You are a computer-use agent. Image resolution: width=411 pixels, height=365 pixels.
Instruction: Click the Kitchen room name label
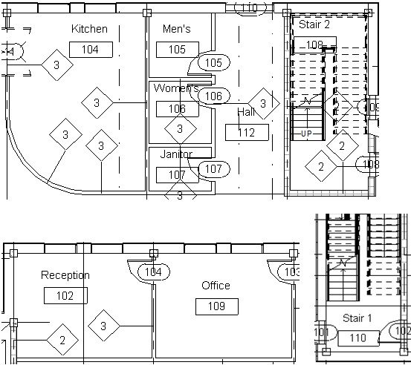coord(90,29)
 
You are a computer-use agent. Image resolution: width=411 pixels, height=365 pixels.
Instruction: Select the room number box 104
coord(90,50)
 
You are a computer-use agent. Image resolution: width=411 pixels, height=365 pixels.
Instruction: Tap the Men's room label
coord(176,29)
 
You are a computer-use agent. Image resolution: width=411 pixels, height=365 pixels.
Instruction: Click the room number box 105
coord(177,50)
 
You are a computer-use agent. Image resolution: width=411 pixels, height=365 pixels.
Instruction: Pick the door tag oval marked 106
coord(213,96)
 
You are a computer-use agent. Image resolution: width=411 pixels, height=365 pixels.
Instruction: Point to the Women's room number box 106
coord(177,109)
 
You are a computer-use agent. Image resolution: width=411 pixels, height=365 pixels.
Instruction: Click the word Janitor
coord(176,154)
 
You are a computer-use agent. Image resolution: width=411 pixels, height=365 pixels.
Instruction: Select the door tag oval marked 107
coord(213,169)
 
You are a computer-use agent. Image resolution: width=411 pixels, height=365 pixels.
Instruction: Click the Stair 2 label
coord(314,24)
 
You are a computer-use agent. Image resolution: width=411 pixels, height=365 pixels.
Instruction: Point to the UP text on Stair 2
coord(306,134)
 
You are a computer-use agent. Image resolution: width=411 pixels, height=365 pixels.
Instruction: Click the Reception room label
coord(65,275)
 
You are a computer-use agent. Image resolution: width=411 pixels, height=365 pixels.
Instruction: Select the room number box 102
coord(65,295)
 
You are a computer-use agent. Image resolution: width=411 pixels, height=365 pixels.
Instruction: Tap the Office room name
coord(216,286)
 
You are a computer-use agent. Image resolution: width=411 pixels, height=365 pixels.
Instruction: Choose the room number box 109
coord(216,306)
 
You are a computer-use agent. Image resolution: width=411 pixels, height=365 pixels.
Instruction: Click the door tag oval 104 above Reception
coord(152,272)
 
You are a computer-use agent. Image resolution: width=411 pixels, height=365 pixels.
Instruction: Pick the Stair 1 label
coord(357,318)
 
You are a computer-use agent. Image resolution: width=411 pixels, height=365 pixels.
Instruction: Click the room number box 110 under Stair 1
coord(357,338)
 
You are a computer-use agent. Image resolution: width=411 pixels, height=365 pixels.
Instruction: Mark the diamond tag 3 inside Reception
coord(104,326)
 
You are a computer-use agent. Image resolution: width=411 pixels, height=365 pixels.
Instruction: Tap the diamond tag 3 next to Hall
coord(262,103)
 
